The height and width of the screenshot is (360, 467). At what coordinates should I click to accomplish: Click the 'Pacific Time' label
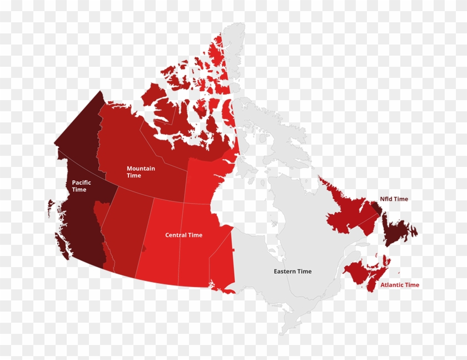click(x=81, y=186)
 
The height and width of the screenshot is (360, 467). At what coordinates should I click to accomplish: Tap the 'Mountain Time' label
click(x=141, y=172)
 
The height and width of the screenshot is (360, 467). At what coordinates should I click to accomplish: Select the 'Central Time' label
click(x=183, y=235)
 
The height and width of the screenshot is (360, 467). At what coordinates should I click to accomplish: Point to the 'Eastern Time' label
click(x=292, y=272)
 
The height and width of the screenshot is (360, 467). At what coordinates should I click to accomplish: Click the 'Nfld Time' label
click(x=394, y=199)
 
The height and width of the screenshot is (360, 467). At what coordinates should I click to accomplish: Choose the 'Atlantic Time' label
click(x=400, y=285)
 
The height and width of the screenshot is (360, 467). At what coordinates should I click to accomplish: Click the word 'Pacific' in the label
click(x=81, y=183)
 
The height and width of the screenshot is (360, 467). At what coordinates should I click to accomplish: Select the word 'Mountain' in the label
click(x=141, y=169)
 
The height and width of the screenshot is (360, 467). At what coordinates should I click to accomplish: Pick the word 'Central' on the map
click(x=176, y=235)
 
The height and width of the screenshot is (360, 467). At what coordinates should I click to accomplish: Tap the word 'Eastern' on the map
click(x=285, y=272)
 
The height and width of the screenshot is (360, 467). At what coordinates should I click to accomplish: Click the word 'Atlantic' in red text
click(x=392, y=285)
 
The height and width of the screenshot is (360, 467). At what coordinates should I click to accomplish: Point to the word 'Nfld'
click(x=386, y=199)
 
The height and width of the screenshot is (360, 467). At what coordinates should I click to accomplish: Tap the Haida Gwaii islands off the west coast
click(x=51, y=209)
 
